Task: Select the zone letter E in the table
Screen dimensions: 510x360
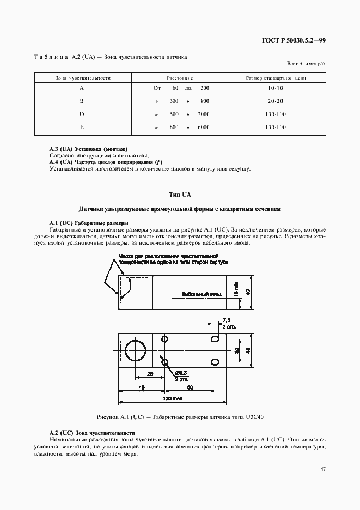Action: coord(82,127)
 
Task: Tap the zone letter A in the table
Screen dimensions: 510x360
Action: coord(82,88)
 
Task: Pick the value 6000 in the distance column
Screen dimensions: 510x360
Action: coord(203,127)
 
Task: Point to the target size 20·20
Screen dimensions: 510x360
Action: coord(276,101)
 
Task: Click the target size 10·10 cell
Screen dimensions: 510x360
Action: coord(276,88)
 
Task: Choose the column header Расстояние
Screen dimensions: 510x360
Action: coord(180,78)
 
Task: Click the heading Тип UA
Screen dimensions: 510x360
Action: coord(180,195)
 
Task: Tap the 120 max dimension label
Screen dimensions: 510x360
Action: coord(173,399)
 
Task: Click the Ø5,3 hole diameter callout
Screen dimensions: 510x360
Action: coord(181,373)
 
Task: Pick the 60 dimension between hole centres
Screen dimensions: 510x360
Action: coord(190,388)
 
